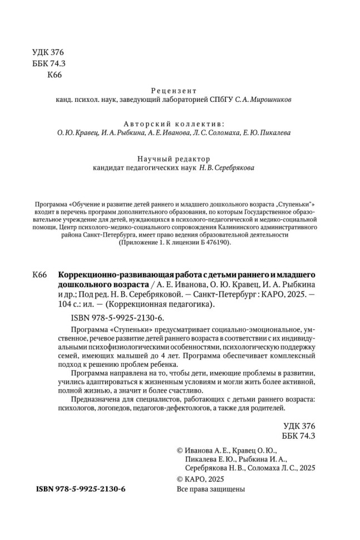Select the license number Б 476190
[211, 243]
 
